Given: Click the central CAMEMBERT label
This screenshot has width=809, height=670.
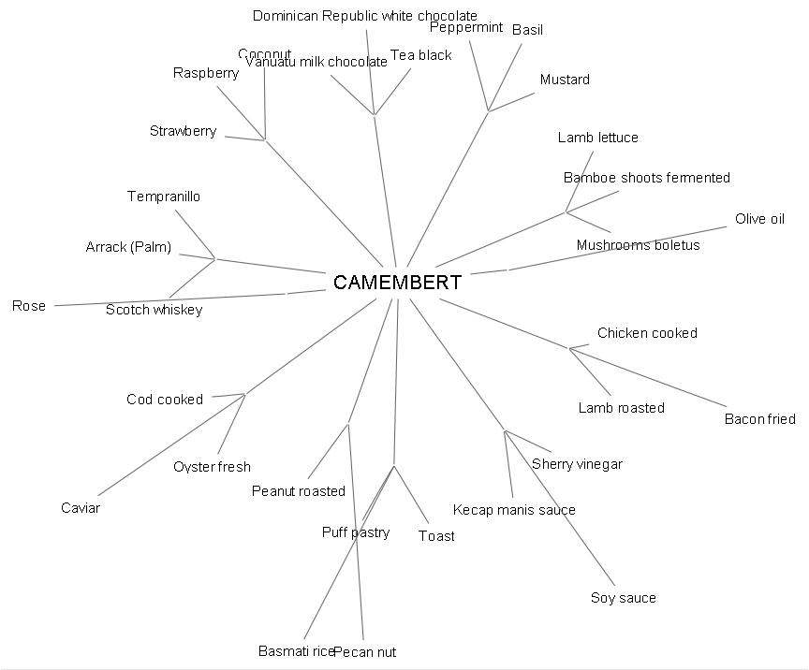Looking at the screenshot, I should click(397, 283).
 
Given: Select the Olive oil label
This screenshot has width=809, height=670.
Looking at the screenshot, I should click(759, 219).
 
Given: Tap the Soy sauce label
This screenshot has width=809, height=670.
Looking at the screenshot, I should click(623, 598).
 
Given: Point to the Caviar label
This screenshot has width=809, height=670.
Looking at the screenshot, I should click(81, 508).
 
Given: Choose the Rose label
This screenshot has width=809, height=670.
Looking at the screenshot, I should click(29, 306).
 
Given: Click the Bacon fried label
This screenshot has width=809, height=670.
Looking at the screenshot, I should click(759, 419).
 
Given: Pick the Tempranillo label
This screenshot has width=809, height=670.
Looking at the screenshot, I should click(164, 197).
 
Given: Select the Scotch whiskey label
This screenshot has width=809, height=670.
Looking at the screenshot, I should click(154, 310).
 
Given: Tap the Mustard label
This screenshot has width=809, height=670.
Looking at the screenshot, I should click(565, 80).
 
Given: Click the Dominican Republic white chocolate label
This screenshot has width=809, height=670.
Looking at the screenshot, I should click(365, 16).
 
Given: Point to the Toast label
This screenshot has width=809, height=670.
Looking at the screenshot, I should click(436, 536).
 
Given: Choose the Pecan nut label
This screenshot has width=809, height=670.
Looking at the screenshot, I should click(365, 652).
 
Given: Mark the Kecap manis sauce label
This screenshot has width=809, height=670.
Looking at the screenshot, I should click(514, 510).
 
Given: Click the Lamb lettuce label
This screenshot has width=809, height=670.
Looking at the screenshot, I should click(598, 138).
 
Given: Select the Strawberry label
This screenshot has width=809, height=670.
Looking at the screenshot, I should click(184, 131).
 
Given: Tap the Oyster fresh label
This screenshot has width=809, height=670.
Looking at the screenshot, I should click(213, 467).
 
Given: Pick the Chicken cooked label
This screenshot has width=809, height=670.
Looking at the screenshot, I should click(647, 333).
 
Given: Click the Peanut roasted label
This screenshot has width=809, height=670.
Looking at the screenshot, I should click(299, 491).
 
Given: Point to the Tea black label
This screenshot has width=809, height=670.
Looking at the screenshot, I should click(421, 55).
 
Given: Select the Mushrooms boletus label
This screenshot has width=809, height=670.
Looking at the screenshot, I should click(638, 246).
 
